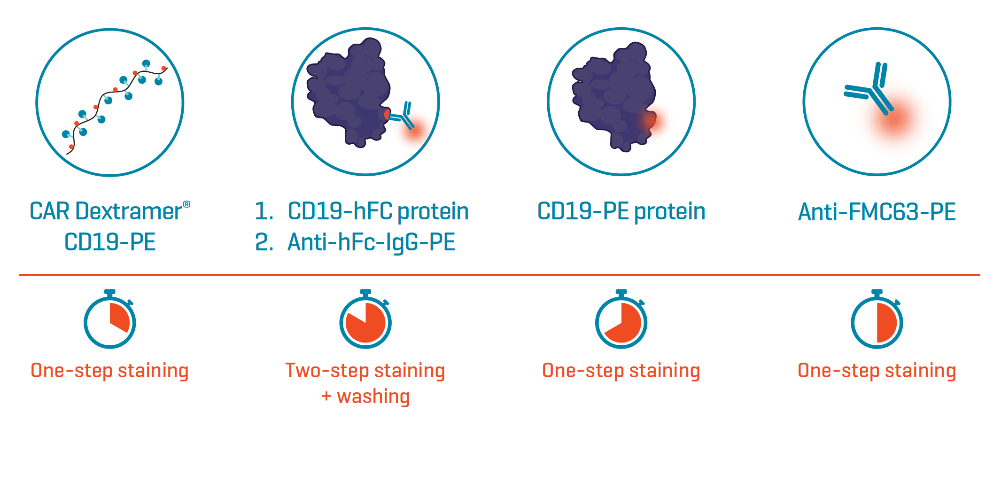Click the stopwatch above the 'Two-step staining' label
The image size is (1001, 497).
[365, 319]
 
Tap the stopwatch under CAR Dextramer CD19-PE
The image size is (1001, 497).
[110, 319]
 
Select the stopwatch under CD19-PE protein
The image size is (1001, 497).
[621, 319]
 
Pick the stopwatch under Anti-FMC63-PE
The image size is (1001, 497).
[877, 319]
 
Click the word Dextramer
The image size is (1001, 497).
[128, 211]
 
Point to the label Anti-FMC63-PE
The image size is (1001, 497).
[877, 212]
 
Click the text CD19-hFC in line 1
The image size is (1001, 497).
[339, 211]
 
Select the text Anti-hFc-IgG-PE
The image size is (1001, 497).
[371, 242]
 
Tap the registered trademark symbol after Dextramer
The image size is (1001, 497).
[186, 204]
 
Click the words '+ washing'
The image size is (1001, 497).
[365, 396]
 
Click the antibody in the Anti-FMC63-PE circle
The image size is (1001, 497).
[869, 88]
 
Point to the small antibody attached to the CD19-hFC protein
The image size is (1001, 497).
[402, 116]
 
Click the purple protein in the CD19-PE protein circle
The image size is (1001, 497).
[613, 96]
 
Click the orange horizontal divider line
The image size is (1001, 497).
[500, 275]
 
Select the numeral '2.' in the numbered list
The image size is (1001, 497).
[264, 242]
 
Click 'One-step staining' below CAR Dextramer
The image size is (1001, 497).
[110, 371]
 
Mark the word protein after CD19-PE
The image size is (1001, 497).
[670, 212]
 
